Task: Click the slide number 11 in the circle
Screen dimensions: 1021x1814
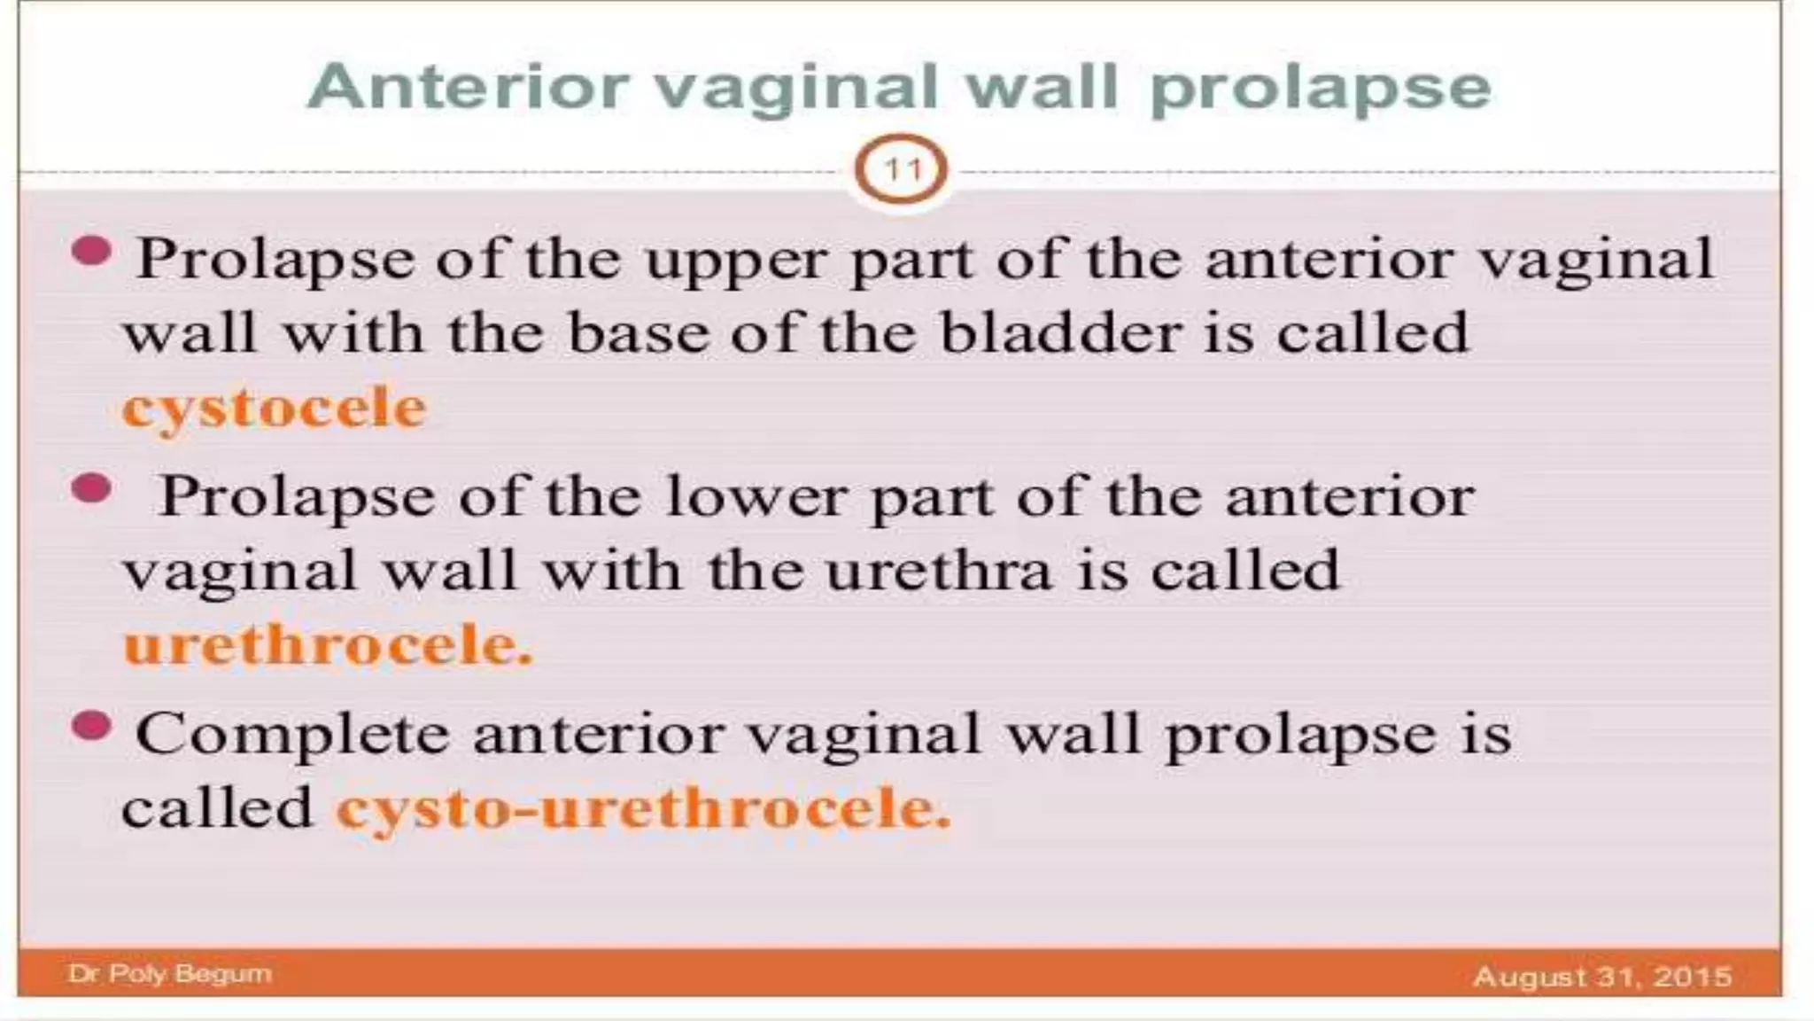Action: click(x=901, y=169)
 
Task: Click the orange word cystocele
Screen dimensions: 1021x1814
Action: click(x=274, y=409)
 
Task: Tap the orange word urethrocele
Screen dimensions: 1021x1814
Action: click(x=328, y=644)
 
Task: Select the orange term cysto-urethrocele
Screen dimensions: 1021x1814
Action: click(x=643, y=809)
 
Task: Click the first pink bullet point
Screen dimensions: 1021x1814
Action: click(x=90, y=252)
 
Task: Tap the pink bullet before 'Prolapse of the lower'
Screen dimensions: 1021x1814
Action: click(x=90, y=488)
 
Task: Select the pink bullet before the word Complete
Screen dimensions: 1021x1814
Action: click(x=90, y=726)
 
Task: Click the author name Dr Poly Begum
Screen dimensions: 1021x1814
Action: click(x=169, y=973)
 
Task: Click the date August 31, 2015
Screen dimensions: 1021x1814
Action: click(x=1601, y=976)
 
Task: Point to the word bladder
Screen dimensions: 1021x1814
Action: click(x=1060, y=334)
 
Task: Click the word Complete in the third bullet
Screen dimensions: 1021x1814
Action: click(x=291, y=735)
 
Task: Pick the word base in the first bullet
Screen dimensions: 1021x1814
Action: click(x=638, y=334)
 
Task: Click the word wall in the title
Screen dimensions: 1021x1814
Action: click(x=1045, y=88)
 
